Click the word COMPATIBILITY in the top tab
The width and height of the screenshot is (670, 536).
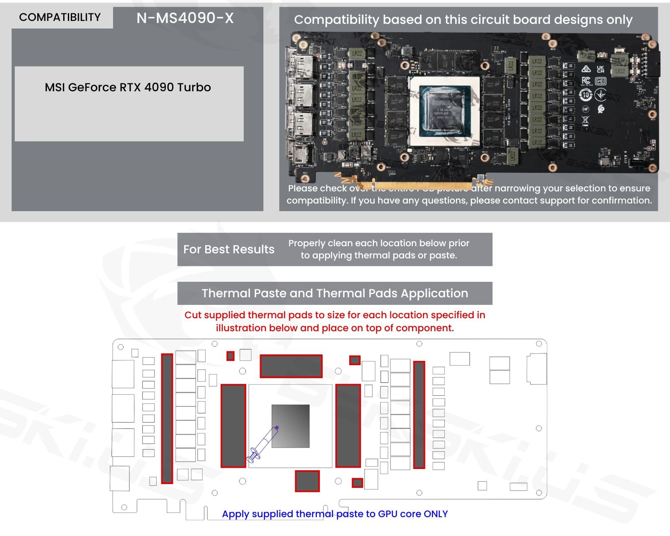pyautogui.click(x=60, y=17)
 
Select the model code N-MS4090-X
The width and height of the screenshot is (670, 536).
pyautogui.click(x=185, y=18)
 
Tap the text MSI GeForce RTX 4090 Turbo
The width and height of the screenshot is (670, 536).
pyautogui.click(x=128, y=87)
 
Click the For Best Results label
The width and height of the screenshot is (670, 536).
pyautogui.click(x=229, y=249)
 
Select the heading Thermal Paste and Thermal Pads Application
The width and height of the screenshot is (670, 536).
pyautogui.click(x=335, y=293)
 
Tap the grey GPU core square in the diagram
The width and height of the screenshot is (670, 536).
pyautogui.click(x=291, y=426)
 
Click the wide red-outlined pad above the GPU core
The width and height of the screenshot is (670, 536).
pyautogui.click(x=291, y=366)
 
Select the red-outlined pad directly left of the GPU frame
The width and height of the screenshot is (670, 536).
pyautogui.click(x=233, y=425)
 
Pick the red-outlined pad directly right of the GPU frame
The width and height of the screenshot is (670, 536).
pyautogui.click(x=348, y=425)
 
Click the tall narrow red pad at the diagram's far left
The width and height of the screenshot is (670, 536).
pyautogui.click(x=167, y=418)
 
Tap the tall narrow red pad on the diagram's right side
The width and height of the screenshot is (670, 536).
pyautogui.click(x=419, y=415)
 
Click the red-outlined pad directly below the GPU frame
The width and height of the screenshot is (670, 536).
pyautogui.click(x=307, y=481)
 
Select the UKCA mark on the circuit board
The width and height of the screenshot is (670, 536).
pyautogui.click(x=600, y=69)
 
